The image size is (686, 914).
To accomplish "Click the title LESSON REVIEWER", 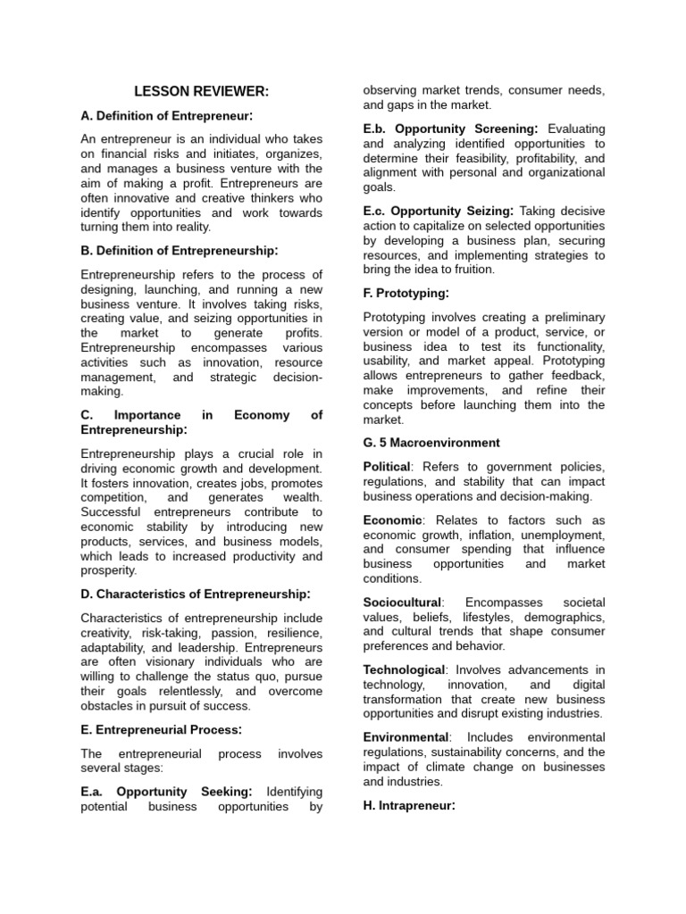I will (201, 91).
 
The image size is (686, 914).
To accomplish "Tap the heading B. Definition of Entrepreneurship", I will (180, 250).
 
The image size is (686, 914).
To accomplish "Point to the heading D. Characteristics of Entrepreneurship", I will (196, 594).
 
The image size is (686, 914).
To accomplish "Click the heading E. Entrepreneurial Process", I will (162, 729).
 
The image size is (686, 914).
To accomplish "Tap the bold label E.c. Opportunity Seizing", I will (438, 211).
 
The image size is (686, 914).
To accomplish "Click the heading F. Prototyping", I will (406, 293).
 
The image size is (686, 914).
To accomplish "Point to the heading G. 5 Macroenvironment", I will (431, 443).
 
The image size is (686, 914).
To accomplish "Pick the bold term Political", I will (387, 467).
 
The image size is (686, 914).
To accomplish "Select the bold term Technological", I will (404, 669).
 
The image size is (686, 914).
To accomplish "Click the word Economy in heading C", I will (262, 415).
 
